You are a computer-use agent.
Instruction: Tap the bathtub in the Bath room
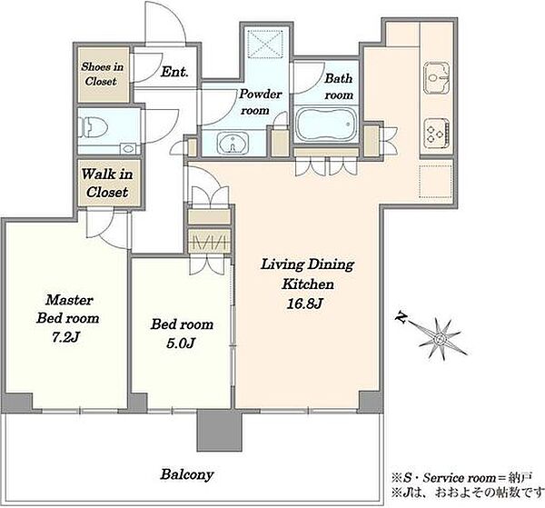(x=326, y=125)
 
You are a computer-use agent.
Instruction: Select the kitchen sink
(x=437, y=78)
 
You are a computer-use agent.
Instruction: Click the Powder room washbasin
(x=233, y=143)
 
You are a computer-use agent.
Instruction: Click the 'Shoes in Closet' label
(x=102, y=74)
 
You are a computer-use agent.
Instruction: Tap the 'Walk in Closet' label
(x=107, y=183)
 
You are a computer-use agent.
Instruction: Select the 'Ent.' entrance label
(x=174, y=72)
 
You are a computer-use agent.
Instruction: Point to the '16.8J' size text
(x=304, y=304)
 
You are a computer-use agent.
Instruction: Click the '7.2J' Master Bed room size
(x=66, y=337)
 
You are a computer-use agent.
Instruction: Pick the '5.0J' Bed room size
(x=181, y=344)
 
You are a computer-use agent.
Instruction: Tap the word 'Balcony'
(x=187, y=474)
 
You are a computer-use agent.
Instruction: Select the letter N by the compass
(x=401, y=317)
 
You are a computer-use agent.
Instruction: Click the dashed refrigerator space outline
(x=435, y=182)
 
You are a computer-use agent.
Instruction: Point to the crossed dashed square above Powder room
(x=265, y=44)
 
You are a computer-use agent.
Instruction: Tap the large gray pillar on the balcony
(x=219, y=430)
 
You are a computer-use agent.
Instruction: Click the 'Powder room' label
(x=260, y=102)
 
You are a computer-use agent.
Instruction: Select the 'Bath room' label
(x=339, y=86)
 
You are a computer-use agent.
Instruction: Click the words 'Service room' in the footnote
(x=459, y=478)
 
